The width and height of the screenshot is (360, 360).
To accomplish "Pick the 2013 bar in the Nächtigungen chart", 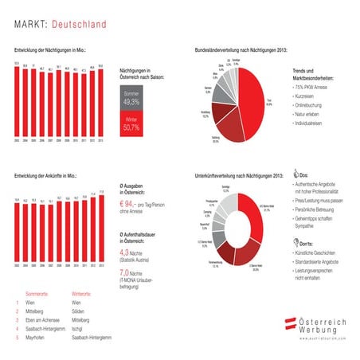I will click(100, 102).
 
